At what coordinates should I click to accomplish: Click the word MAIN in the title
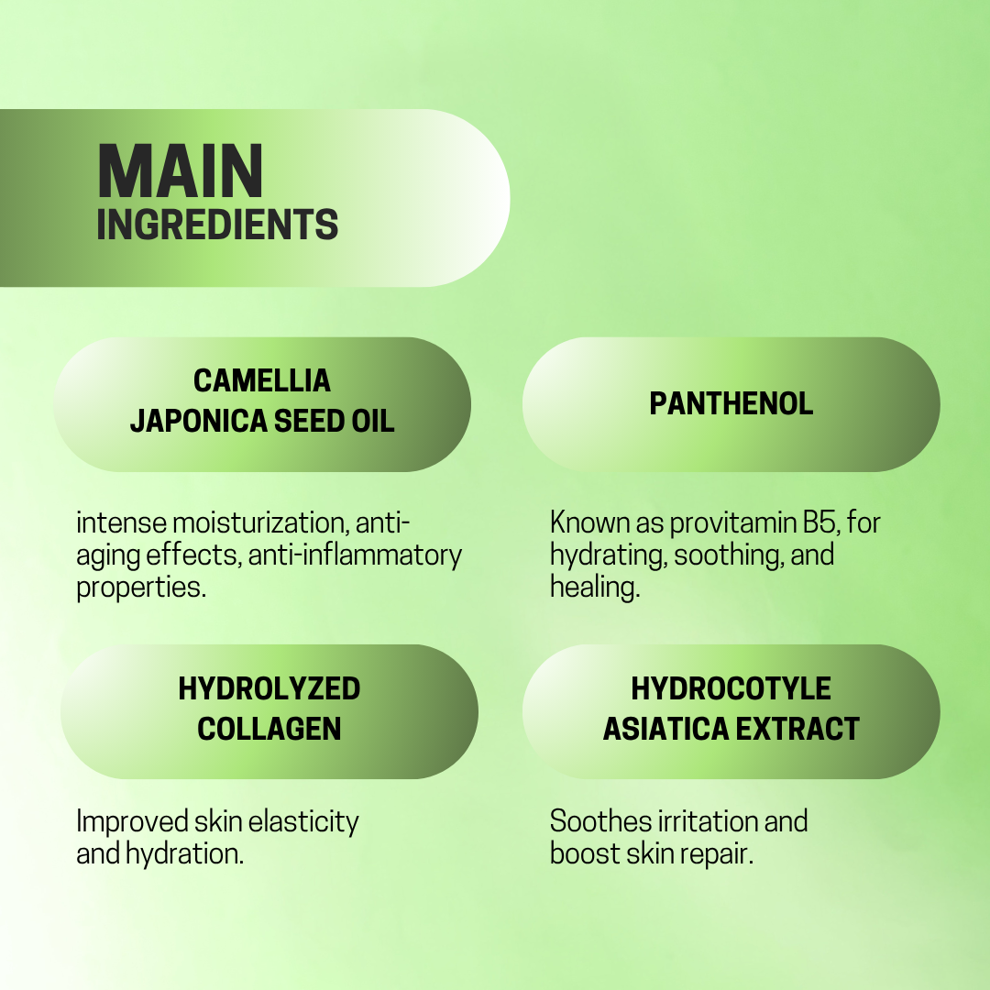click(181, 171)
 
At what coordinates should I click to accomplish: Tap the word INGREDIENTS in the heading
click(217, 225)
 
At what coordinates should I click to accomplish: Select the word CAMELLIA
click(262, 380)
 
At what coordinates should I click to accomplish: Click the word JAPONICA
click(199, 421)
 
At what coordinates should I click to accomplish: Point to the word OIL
click(372, 421)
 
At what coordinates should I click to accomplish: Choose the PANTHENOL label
click(731, 404)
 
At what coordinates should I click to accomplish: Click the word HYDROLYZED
click(269, 688)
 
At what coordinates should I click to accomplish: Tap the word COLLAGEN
click(269, 729)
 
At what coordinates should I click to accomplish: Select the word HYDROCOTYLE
click(731, 688)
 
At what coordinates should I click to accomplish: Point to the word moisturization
click(259, 522)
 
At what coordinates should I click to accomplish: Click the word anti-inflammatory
click(355, 555)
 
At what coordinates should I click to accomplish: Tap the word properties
click(141, 588)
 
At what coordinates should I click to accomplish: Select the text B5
click(820, 522)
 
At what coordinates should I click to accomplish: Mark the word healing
click(595, 588)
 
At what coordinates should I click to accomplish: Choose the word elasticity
click(303, 822)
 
